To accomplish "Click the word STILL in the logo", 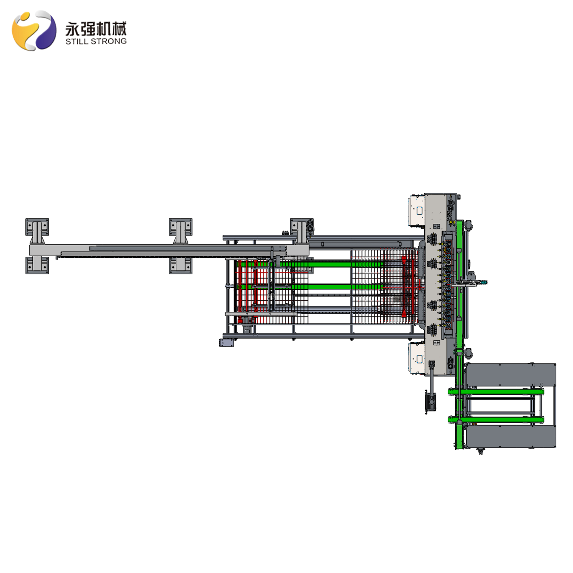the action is (76, 41).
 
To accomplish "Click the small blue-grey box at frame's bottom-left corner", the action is (226, 343).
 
